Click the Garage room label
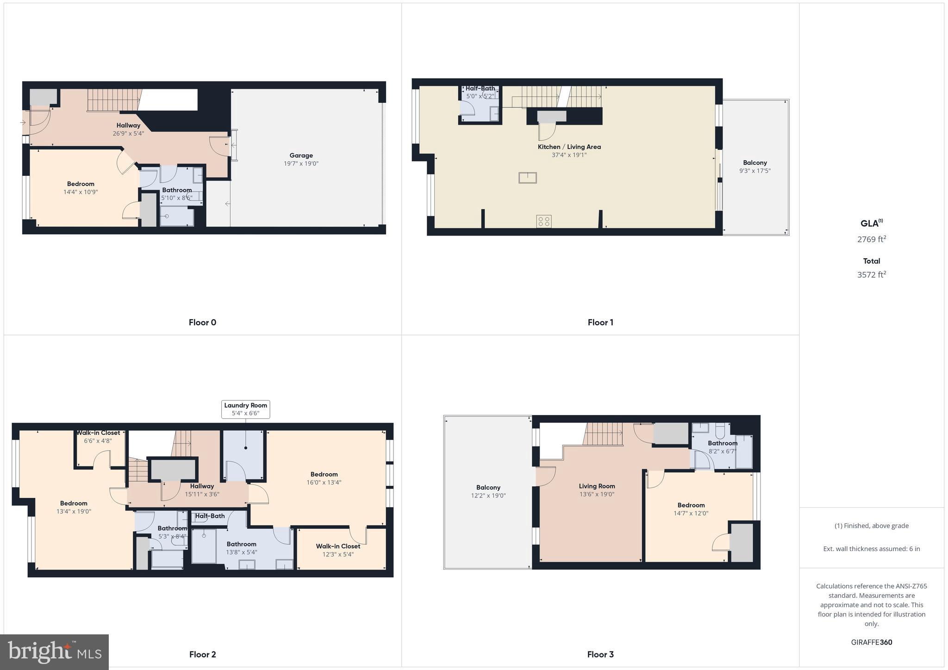click(301, 155)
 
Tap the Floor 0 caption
click(202, 323)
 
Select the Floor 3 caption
click(600, 654)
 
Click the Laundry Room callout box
click(245, 409)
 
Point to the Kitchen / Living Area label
click(569, 147)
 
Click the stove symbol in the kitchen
click(544, 221)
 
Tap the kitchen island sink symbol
click(527, 178)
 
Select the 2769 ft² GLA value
click(871, 239)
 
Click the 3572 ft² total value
click(871, 274)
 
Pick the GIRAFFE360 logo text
click(871, 642)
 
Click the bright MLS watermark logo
click(55, 652)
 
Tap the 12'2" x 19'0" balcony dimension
click(488, 496)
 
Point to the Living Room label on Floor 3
click(597, 486)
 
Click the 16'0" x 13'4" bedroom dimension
click(324, 482)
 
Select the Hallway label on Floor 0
click(128, 125)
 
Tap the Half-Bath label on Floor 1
click(480, 88)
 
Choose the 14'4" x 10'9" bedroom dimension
click(81, 192)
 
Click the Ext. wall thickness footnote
click(871, 549)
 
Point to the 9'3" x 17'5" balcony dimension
click(755, 171)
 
